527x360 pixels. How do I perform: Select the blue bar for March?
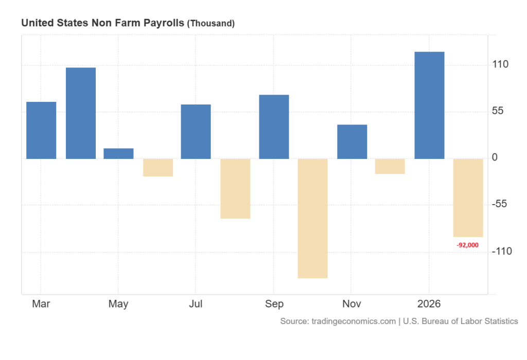[x=41, y=130]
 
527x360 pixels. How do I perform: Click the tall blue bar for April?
[x=81, y=113]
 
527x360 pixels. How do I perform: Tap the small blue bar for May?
[x=118, y=153]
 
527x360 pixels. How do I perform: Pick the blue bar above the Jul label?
[x=196, y=132]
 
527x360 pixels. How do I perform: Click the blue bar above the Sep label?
[x=274, y=127]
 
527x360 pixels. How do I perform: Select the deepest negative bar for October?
[x=312, y=218]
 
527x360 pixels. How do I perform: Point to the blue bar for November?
[x=352, y=141]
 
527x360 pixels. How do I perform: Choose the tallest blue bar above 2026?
[x=429, y=105]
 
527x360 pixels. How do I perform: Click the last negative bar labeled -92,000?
[x=468, y=197]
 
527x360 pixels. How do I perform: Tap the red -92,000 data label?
[x=467, y=245]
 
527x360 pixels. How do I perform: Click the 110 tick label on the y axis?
[x=500, y=65]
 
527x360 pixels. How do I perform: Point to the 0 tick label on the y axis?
[x=495, y=158]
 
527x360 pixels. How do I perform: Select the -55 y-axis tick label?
[x=499, y=204]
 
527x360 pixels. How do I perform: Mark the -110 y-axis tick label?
[x=501, y=251]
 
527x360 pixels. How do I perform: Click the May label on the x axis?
[x=118, y=304]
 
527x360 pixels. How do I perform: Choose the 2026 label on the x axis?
[x=429, y=304]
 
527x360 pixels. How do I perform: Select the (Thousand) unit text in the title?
[x=210, y=24]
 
